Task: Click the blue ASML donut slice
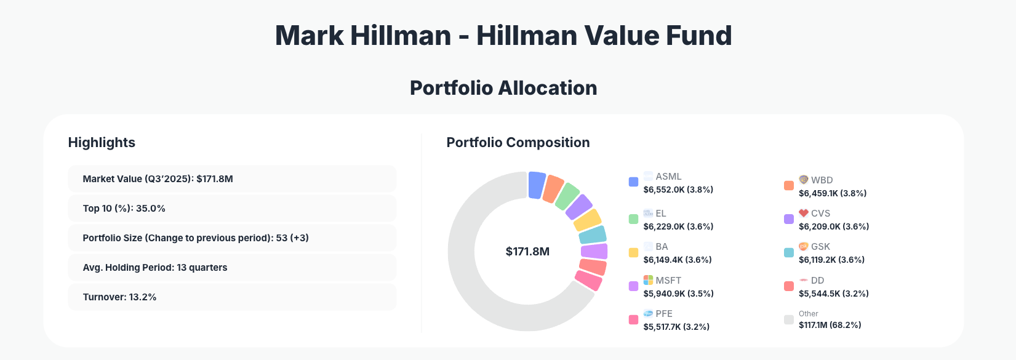(x=536, y=185)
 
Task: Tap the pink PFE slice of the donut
(x=589, y=281)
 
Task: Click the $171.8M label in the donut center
(x=527, y=252)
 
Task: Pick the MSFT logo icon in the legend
(x=648, y=280)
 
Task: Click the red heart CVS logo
(x=803, y=213)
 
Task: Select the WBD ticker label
(x=822, y=180)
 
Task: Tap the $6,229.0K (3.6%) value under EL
(x=678, y=226)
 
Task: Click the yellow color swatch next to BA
(x=633, y=252)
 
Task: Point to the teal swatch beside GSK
(x=788, y=252)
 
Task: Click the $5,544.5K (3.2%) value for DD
(x=833, y=294)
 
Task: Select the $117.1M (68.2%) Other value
(x=830, y=325)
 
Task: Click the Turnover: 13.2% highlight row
(x=232, y=297)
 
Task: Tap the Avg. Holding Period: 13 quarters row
(x=232, y=267)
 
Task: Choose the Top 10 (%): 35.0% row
(x=232, y=208)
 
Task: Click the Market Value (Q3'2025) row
(x=232, y=178)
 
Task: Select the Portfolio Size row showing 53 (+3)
(x=232, y=238)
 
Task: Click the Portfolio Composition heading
(x=518, y=143)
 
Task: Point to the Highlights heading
(x=102, y=143)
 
